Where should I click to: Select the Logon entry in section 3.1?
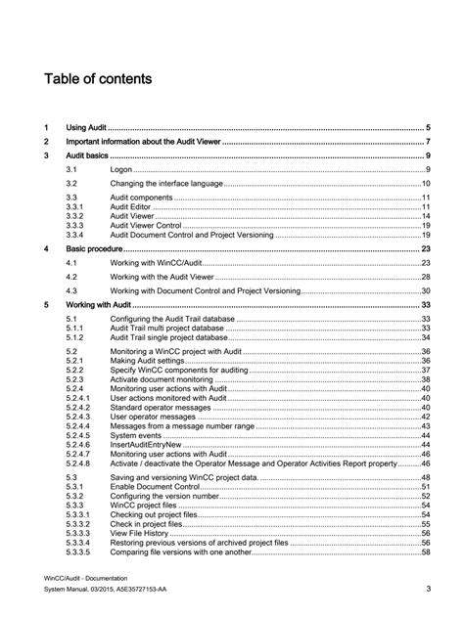(x=120, y=170)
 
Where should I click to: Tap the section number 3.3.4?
(x=75, y=236)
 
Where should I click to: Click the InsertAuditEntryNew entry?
(x=147, y=444)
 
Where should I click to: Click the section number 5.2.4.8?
(x=78, y=463)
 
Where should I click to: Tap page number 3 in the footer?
(x=428, y=589)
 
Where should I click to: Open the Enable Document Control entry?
(x=153, y=486)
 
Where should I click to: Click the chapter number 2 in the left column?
(x=46, y=142)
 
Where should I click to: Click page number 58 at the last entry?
(x=426, y=552)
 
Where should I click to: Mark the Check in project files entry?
(x=146, y=524)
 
